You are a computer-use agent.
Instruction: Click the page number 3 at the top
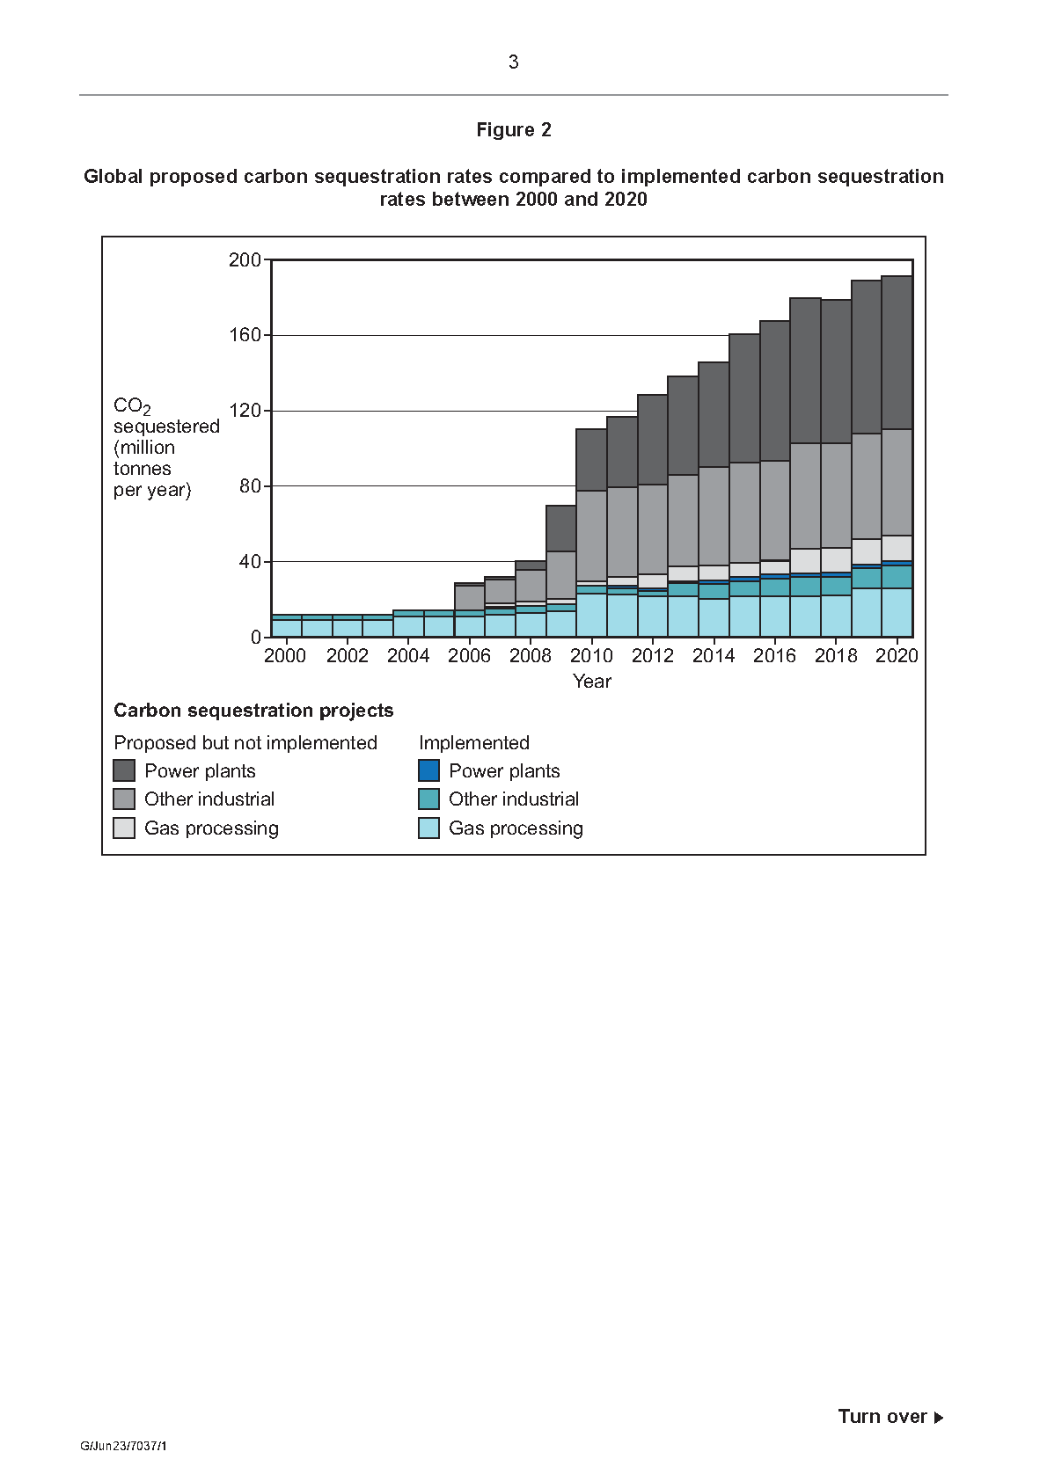click(513, 62)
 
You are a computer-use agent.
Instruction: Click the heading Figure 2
click(514, 129)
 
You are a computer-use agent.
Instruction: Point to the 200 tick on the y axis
click(245, 259)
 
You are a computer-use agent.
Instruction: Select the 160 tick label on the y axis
click(245, 335)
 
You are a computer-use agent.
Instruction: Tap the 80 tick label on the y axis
click(250, 486)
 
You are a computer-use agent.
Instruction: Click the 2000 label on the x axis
click(285, 656)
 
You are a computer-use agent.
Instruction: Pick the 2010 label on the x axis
click(591, 656)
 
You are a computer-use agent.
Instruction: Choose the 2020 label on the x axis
click(897, 656)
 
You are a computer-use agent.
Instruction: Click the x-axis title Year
click(592, 682)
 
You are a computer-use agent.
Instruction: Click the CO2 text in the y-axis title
click(132, 406)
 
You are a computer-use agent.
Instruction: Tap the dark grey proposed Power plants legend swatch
click(124, 770)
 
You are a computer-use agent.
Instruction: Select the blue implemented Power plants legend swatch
click(428, 770)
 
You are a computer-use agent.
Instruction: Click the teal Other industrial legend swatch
click(428, 799)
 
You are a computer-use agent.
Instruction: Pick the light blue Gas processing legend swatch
click(428, 828)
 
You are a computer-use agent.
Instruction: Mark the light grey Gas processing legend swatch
click(124, 828)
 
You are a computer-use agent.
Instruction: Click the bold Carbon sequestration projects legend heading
click(253, 711)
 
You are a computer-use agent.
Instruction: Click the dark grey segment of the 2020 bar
click(897, 353)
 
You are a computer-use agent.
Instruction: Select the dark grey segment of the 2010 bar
click(591, 460)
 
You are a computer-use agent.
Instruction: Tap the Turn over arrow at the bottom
click(939, 1417)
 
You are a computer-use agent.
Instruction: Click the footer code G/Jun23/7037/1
click(123, 1446)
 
